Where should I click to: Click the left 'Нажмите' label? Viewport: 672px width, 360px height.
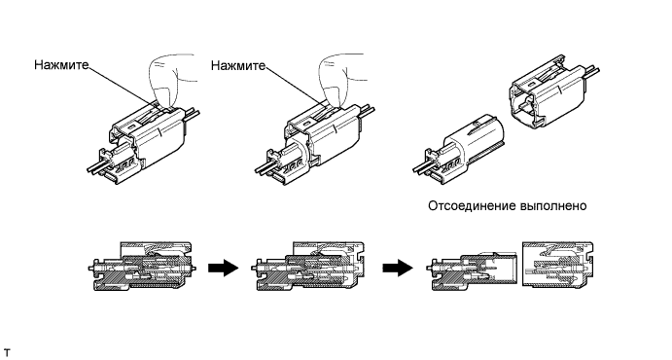click(x=61, y=65)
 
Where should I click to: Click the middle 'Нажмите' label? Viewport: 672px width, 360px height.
click(x=238, y=65)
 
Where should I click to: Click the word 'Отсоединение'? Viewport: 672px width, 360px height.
click(x=472, y=206)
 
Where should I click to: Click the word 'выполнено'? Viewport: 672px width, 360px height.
click(x=553, y=206)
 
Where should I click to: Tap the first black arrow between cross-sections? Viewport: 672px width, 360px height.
click(x=224, y=268)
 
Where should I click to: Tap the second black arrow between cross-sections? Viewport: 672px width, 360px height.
click(x=398, y=268)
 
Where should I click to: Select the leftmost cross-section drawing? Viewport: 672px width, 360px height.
click(x=143, y=267)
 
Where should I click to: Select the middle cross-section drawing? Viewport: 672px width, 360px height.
click(x=308, y=267)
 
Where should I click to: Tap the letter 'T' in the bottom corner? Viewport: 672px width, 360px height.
click(x=7, y=353)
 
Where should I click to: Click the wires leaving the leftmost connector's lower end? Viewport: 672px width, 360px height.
click(x=97, y=167)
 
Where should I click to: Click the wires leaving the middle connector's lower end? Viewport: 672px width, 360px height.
click(x=265, y=167)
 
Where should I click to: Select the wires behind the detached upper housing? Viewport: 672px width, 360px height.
click(x=592, y=71)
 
